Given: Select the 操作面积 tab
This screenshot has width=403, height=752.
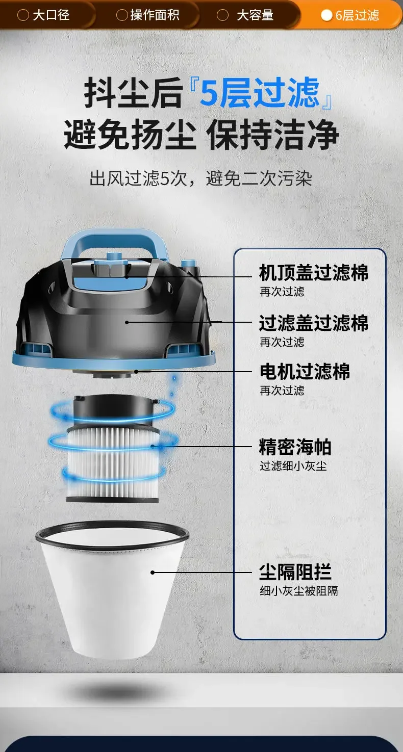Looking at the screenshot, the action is coord(148,15).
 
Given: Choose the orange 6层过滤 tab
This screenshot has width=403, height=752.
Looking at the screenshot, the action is coord(351,15).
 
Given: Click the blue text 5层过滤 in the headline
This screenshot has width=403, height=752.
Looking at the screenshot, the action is coord(259,92).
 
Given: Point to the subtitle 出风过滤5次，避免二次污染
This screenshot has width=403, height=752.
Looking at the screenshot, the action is coord(201,178).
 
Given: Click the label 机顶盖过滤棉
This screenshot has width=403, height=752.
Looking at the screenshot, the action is coord(314,272).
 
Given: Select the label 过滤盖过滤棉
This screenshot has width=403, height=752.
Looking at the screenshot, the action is coord(314,323).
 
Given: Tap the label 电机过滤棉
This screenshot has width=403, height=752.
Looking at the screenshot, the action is coord(305,372).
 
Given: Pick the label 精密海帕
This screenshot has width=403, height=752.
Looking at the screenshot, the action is coord(295,447).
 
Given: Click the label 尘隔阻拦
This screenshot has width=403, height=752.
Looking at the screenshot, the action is coord(295,572).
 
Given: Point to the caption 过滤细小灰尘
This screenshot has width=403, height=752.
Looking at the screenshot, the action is coord(293,465).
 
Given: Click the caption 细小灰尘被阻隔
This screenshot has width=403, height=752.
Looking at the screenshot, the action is coord(299,591).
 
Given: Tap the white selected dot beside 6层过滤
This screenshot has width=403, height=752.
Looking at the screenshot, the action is coord(326,15).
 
